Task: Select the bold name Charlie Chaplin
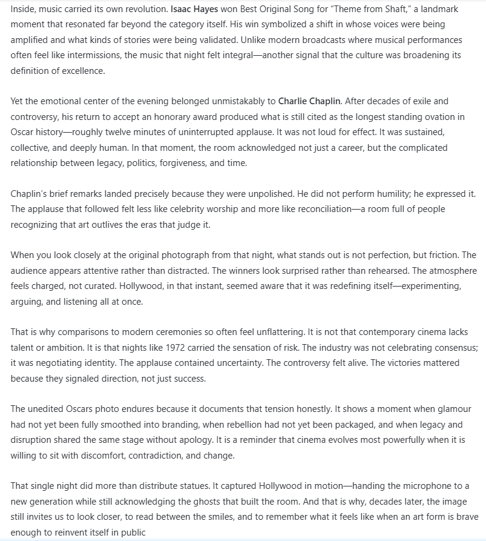pyautogui.click(x=306, y=101)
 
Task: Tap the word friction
pyautogui.click(x=443, y=254)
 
